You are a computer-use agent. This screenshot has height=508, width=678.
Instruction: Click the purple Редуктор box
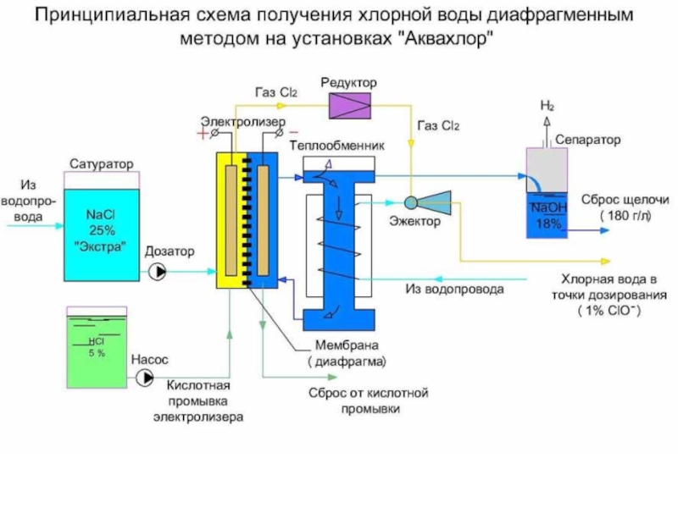point(350,106)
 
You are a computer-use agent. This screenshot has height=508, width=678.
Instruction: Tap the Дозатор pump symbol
point(158,272)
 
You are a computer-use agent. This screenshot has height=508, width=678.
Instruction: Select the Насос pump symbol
point(145,378)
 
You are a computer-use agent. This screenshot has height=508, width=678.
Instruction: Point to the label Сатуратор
point(102,164)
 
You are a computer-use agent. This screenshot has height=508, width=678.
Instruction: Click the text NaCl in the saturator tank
point(101,214)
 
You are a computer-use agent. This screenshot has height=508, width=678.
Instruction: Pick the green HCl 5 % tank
point(97,347)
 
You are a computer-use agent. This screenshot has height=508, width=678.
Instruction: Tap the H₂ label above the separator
point(547,105)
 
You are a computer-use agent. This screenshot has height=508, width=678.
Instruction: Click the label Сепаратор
point(587,140)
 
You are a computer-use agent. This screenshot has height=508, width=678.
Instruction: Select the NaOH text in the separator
point(549,207)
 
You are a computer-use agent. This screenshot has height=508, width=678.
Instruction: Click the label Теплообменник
point(336,146)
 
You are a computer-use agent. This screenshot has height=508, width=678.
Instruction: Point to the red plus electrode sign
point(203,133)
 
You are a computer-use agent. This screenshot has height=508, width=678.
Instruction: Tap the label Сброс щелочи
point(625,200)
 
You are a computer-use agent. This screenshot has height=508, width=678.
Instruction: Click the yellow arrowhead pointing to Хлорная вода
point(605,261)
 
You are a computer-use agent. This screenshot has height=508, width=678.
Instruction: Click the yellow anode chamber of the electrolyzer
point(231,220)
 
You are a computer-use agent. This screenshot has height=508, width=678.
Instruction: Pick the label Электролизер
point(243,121)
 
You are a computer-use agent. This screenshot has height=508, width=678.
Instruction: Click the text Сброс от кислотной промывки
point(369,400)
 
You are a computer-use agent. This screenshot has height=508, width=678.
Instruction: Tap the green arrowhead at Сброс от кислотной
point(332,377)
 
